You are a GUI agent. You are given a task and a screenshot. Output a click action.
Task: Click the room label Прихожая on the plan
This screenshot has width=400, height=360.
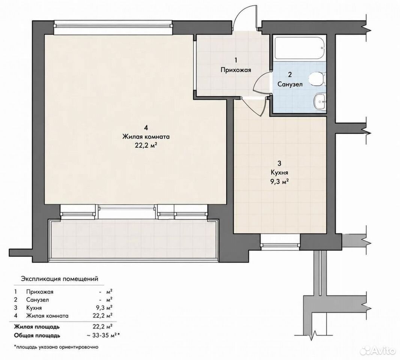tap(236, 70)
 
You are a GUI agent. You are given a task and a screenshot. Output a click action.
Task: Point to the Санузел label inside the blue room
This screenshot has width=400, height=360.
tap(290, 84)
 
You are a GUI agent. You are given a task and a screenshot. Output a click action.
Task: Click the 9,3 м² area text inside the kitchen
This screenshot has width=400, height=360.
tap(279, 181)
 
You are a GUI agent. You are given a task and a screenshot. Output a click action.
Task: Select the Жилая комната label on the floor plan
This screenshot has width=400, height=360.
tap(146, 136)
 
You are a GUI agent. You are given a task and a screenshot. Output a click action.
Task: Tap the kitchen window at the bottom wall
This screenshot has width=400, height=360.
tap(280, 241)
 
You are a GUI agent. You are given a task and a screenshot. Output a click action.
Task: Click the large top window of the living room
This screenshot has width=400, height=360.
tap(113, 27)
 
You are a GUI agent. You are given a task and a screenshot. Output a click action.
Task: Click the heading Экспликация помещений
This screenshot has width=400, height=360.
tap(60, 279)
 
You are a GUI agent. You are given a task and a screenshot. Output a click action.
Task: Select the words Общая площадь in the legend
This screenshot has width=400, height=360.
tap(37, 335)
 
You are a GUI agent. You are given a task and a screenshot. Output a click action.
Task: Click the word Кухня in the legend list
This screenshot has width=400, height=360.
tap(34, 308)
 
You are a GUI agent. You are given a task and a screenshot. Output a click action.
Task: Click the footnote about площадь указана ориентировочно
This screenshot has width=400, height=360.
tap(56, 347)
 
